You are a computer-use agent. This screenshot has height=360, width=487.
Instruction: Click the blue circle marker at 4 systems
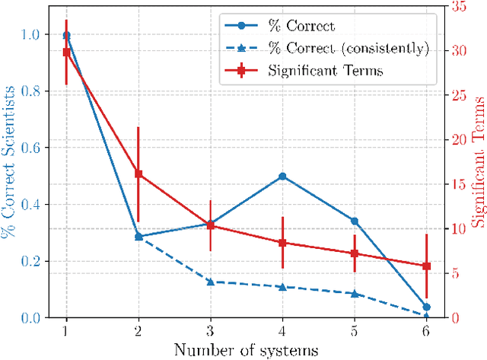(x=282, y=176)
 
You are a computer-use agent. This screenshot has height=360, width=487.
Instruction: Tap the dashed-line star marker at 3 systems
(x=211, y=282)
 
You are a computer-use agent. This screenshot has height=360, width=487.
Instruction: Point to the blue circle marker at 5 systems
(x=354, y=221)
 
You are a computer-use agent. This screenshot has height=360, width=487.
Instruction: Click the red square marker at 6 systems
(x=426, y=266)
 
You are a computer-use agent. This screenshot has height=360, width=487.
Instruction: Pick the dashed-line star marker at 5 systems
(x=354, y=293)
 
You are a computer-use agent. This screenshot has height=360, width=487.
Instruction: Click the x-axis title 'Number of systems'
(x=246, y=350)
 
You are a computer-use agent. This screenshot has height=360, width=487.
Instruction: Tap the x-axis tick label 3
(x=211, y=331)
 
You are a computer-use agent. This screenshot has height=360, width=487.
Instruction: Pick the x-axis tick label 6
(x=426, y=331)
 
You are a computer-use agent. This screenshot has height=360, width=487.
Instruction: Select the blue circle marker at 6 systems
(x=426, y=307)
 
